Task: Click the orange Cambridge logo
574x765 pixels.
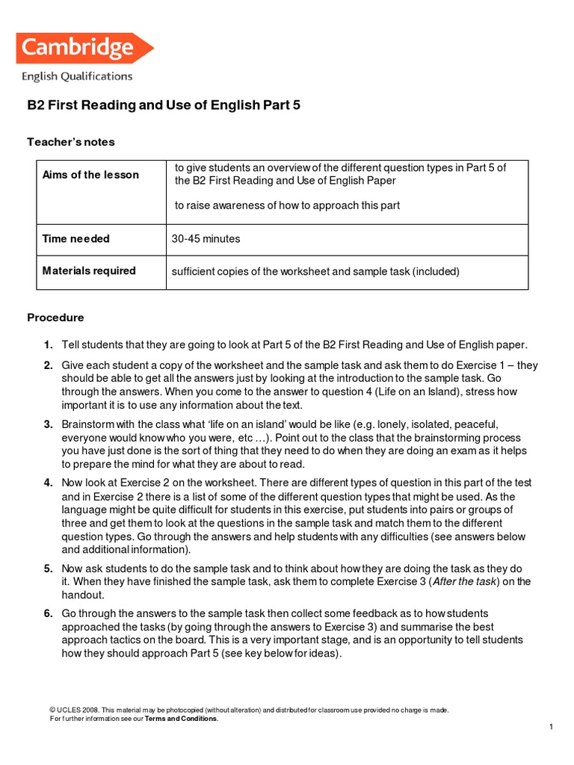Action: tap(82, 49)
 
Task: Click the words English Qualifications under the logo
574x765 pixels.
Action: tap(77, 76)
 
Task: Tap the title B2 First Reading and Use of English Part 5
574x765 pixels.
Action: tap(164, 105)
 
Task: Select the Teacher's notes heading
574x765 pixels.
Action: tap(71, 142)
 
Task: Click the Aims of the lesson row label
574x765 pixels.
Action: tap(90, 175)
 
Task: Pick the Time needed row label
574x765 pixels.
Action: tap(75, 239)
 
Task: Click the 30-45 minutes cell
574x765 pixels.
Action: tap(206, 239)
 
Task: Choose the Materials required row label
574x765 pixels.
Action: tap(88, 271)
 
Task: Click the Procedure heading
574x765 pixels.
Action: tap(55, 318)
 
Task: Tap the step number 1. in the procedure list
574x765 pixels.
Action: tap(48, 344)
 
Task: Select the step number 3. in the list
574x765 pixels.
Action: tap(48, 424)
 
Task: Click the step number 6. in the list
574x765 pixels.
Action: tap(48, 613)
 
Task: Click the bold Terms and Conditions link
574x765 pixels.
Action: tap(181, 719)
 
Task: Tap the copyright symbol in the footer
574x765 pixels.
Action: tap(52, 710)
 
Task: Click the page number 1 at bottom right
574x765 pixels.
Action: tap(550, 727)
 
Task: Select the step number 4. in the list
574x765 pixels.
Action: tap(48, 483)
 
